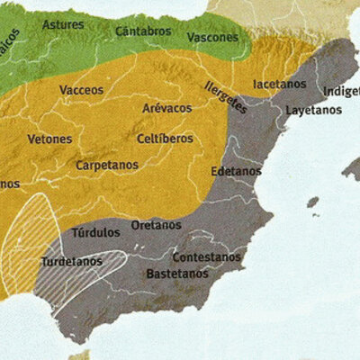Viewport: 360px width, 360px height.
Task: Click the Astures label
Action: tap(64, 25)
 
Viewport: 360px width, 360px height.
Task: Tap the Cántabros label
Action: tap(143, 31)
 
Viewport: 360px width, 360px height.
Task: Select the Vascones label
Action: tap(213, 38)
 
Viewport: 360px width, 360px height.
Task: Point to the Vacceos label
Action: tap(81, 90)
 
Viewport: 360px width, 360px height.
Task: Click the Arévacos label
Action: tap(166, 108)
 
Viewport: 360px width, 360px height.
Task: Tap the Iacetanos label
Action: tap(280, 84)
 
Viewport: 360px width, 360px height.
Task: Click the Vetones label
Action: tap(50, 140)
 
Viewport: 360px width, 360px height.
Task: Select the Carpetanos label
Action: tap(106, 166)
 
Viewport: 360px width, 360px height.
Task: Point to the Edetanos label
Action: tap(236, 171)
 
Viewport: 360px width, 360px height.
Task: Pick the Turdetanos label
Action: tap(70, 262)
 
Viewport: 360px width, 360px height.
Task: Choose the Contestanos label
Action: tap(207, 256)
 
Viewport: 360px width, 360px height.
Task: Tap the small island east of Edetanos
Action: tap(312, 202)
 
